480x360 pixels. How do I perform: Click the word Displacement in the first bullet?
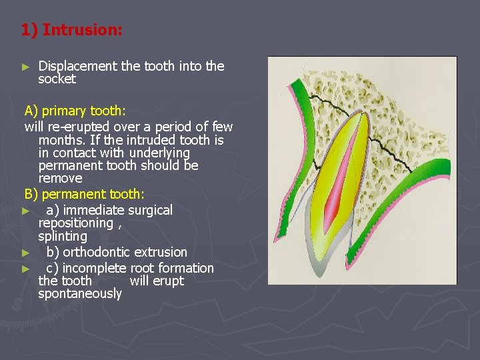[x=78, y=66]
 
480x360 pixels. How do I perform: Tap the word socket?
[x=57, y=79]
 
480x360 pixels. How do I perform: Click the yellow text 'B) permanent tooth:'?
[x=84, y=194]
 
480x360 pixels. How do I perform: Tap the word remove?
[x=60, y=179]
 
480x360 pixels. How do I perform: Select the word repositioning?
[x=76, y=223]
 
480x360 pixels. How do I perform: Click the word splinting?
[x=63, y=237]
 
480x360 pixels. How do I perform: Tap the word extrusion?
[x=161, y=253]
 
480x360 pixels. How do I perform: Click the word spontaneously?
[x=80, y=294]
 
